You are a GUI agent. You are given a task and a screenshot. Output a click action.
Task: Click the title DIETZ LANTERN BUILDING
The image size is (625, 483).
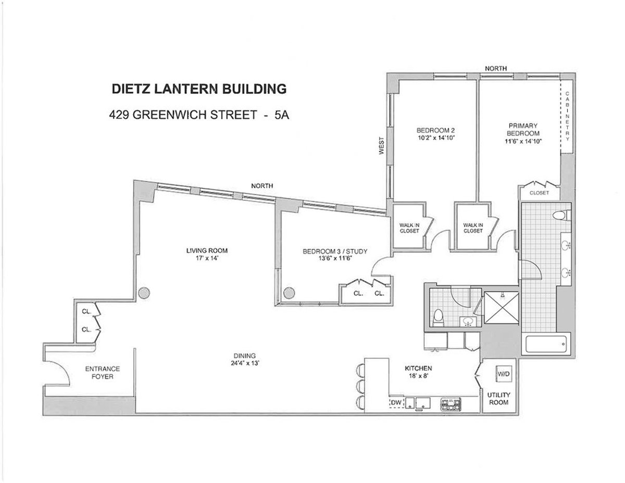pyautogui.click(x=199, y=89)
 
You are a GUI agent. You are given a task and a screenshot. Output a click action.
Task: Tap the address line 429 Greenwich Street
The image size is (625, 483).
pyautogui.click(x=199, y=115)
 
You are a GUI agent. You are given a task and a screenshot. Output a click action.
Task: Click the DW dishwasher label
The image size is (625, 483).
pyautogui.click(x=396, y=402)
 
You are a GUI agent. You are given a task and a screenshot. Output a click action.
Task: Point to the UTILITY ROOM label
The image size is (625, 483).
pyautogui.click(x=498, y=399)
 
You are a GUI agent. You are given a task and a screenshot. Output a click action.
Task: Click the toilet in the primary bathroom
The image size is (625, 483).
pyautogui.click(x=562, y=215)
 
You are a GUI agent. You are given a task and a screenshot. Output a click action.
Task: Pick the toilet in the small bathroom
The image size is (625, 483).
pyautogui.click(x=439, y=317)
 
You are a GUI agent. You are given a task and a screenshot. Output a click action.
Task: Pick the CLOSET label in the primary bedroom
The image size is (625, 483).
pyautogui.click(x=539, y=193)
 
